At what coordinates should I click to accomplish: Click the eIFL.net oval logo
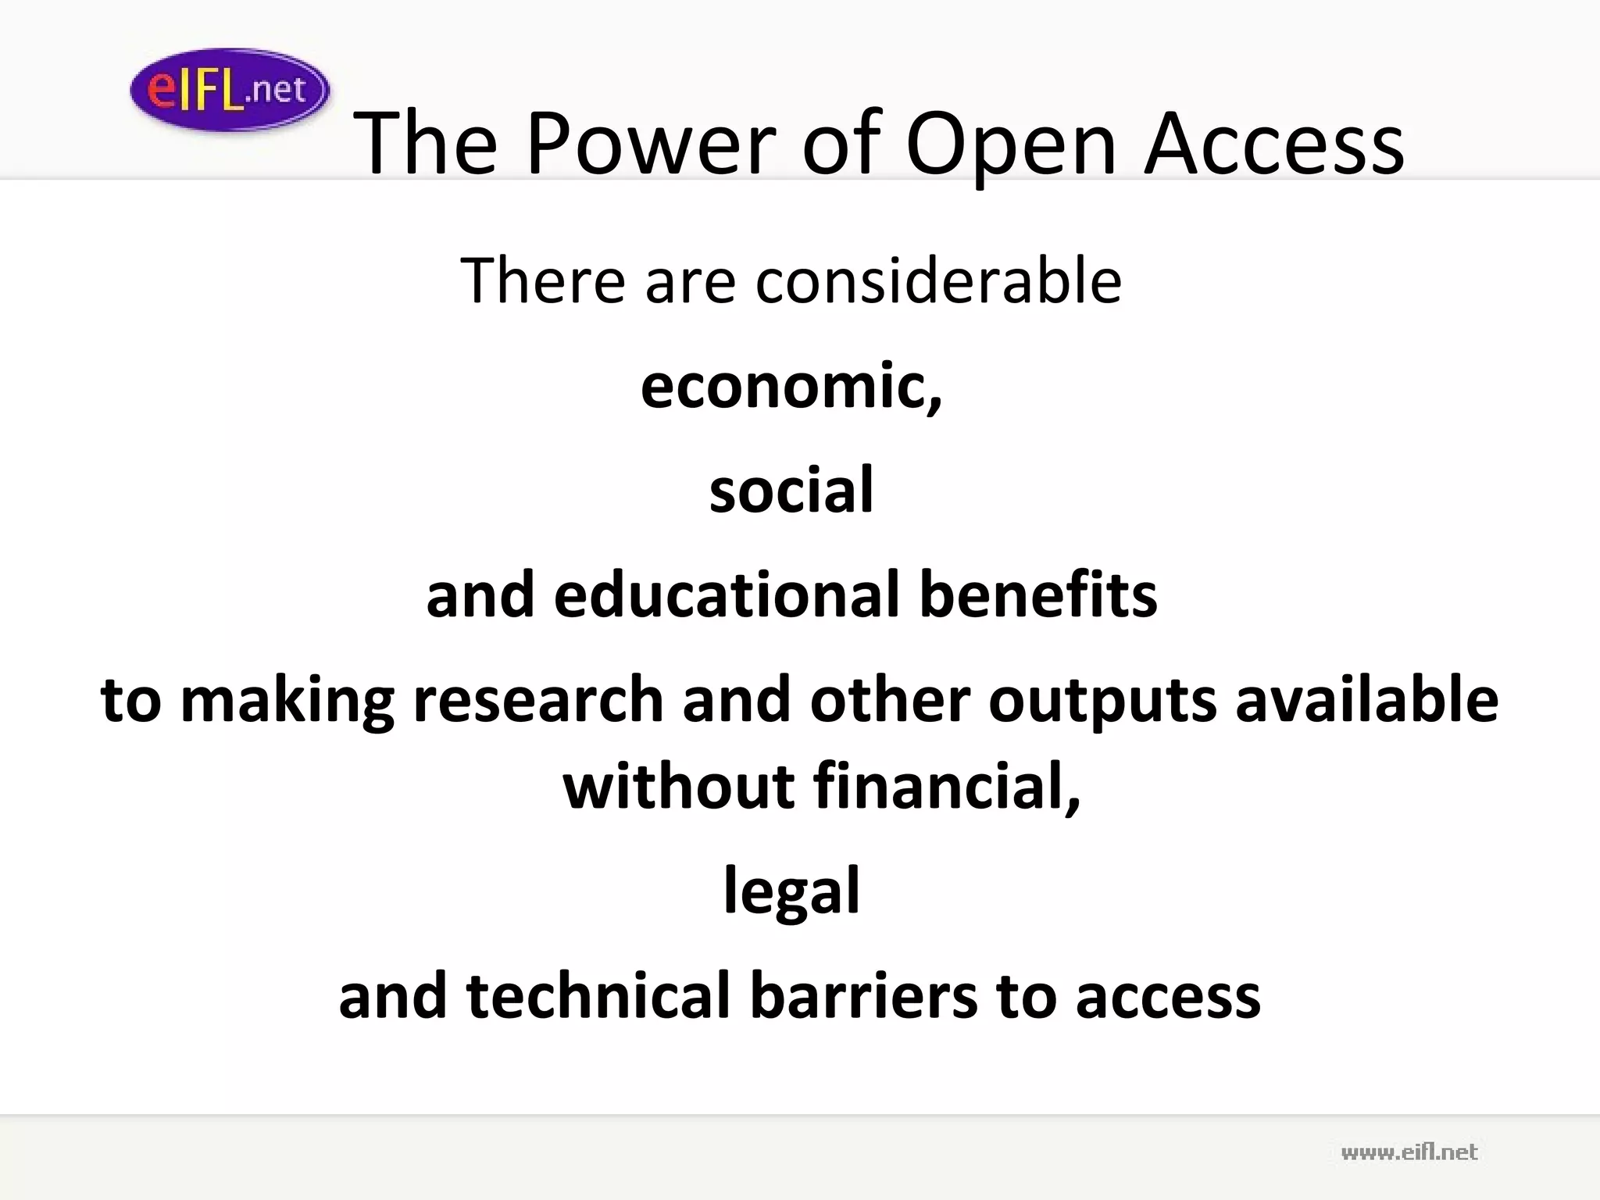pyautogui.click(x=230, y=90)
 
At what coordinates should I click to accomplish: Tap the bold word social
pyautogui.click(x=791, y=490)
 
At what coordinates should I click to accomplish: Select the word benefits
pyautogui.click(x=1038, y=595)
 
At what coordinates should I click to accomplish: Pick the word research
pyautogui.click(x=538, y=699)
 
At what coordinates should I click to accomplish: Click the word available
pyautogui.click(x=1366, y=699)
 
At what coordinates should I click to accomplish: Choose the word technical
pyautogui.click(x=598, y=995)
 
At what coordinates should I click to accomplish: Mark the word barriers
pyautogui.click(x=863, y=995)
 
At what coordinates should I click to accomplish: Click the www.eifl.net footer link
pyautogui.click(x=1409, y=1152)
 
